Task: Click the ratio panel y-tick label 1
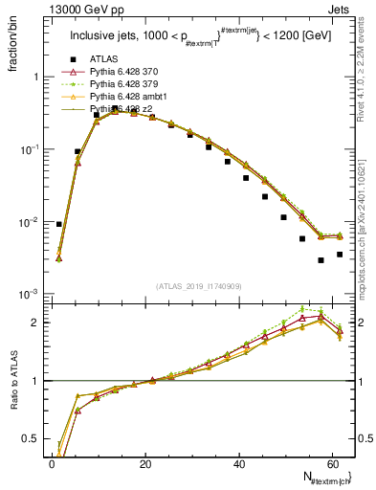point(34,381)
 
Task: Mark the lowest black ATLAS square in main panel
point(321,260)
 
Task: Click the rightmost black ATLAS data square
point(340,255)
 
